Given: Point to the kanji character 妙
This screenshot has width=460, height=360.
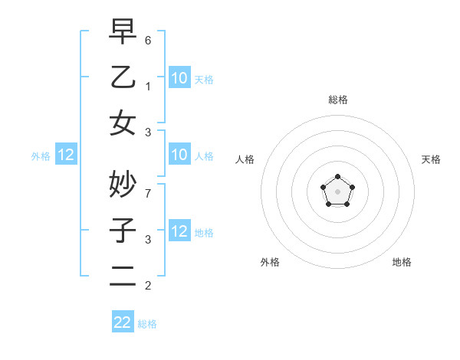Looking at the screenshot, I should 123,183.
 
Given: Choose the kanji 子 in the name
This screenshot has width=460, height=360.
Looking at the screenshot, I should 123,230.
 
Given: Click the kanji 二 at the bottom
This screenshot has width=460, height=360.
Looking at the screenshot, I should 123,276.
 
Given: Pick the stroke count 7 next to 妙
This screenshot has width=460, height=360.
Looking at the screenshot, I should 148,193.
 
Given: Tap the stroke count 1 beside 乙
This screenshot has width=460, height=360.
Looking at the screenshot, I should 148,86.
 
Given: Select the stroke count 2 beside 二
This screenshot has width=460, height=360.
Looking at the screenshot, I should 148,286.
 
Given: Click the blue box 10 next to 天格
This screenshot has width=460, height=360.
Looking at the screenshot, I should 179,77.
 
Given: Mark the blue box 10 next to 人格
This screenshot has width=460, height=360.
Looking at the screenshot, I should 179,155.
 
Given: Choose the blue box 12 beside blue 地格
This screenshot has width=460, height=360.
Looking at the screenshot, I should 179,232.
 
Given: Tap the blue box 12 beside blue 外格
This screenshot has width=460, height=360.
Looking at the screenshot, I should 66,155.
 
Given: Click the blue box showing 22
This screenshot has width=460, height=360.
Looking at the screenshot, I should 123,322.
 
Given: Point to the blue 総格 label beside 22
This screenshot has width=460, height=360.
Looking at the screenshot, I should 147,324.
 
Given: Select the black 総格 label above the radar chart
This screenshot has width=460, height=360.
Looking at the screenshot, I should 337,100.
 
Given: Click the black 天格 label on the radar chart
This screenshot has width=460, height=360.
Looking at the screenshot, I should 431,159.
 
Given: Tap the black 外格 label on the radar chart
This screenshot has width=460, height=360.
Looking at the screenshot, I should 270,262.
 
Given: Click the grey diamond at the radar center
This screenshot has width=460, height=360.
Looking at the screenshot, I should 337,191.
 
